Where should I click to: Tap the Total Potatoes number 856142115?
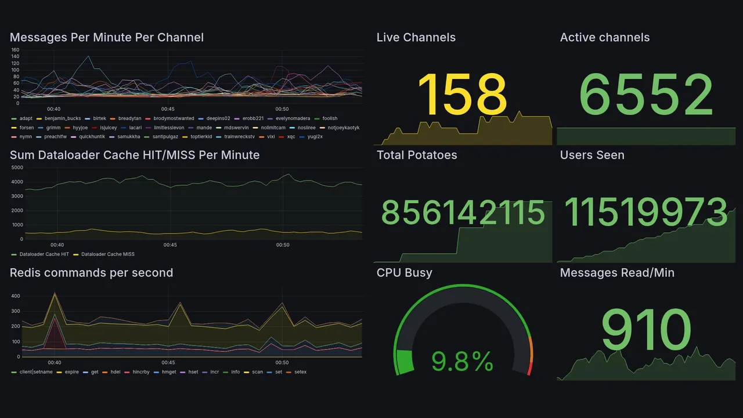pos(463,213)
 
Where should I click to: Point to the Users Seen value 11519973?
pos(646,213)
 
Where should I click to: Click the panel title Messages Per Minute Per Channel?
pos(107,38)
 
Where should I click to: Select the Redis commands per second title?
pos(91,273)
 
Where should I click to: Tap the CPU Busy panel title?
pos(404,273)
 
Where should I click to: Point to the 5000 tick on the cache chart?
pos(17,168)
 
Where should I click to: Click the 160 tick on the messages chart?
pos(15,50)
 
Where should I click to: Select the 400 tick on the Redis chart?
pos(16,296)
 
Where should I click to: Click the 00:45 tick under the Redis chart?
pos(168,363)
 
